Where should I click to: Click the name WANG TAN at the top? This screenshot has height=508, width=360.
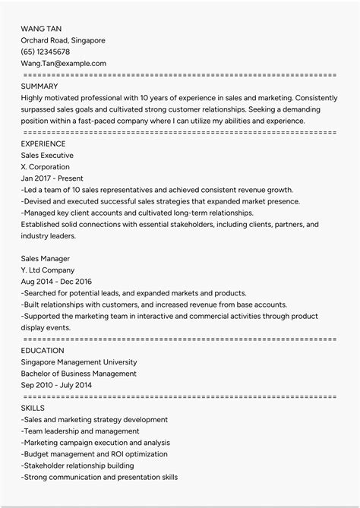click(x=41, y=28)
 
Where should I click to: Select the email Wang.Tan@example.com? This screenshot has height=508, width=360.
click(x=64, y=64)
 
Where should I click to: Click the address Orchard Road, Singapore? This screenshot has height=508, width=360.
click(x=63, y=40)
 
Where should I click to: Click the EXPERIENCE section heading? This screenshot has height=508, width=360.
click(x=43, y=144)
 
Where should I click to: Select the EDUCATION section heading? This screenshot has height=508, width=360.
click(x=43, y=351)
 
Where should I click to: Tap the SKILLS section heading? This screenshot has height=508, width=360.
click(x=33, y=408)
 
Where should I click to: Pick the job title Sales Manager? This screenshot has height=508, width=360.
click(x=49, y=258)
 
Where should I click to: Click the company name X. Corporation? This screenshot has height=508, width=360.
click(x=46, y=166)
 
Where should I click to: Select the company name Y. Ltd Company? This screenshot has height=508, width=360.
click(x=48, y=270)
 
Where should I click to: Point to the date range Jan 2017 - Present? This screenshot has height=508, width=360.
click(x=53, y=178)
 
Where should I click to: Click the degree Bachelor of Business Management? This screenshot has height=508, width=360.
click(x=79, y=374)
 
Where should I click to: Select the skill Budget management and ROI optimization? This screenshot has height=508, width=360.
click(x=95, y=454)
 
